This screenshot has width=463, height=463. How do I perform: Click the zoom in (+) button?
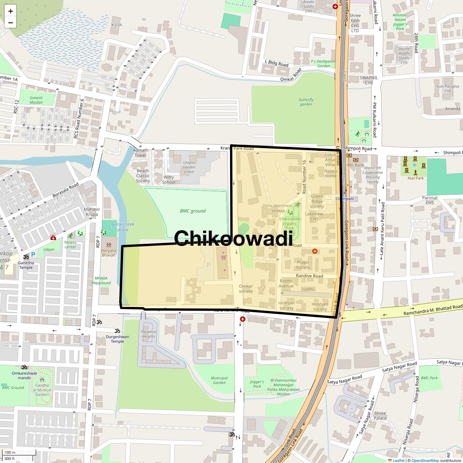(x=10, y=11)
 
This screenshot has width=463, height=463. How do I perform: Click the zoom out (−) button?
(x=10, y=22)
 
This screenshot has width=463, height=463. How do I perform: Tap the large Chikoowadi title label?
(x=233, y=238)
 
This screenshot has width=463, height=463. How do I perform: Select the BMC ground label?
(x=193, y=211)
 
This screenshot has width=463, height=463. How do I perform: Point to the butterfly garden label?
(x=306, y=102)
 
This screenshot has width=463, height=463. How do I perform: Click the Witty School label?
(x=169, y=180)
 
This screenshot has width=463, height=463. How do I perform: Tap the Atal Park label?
(x=416, y=178)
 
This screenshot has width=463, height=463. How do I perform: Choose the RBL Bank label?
(x=355, y=165)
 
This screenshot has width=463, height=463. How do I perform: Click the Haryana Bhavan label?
(x=108, y=253)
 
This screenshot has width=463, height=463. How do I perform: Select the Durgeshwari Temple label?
(x=118, y=339)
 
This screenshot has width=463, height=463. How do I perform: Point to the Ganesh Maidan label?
(x=36, y=100)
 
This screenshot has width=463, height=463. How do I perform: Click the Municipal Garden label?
(x=219, y=380)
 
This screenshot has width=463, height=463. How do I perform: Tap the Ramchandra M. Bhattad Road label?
(x=433, y=310)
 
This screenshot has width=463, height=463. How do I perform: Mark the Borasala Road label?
(x=65, y=190)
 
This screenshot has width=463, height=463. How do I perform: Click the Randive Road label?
(x=309, y=276)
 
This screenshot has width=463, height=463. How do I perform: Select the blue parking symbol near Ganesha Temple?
(x=33, y=255)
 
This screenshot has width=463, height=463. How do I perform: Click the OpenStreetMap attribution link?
(x=425, y=460)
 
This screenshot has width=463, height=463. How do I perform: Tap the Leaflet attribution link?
(x=398, y=460)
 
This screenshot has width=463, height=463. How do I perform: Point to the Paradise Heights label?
(x=149, y=334)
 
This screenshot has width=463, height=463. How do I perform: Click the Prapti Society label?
(x=303, y=265)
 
